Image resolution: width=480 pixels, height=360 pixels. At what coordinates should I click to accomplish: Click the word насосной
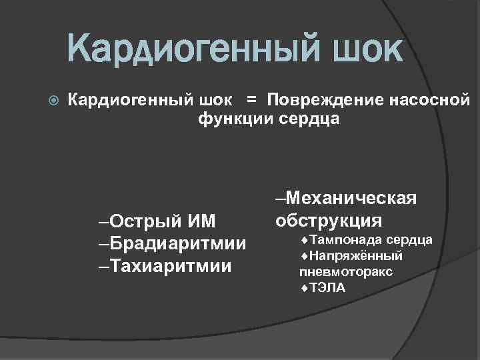[426, 101]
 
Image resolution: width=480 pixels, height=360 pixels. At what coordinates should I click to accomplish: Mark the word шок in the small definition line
[216, 101]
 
